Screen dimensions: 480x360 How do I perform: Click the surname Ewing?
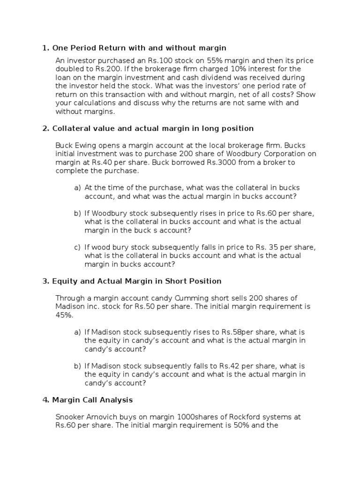pyautogui.click(x=87, y=146)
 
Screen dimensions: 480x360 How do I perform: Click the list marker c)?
pyautogui.click(x=77, y=247)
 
